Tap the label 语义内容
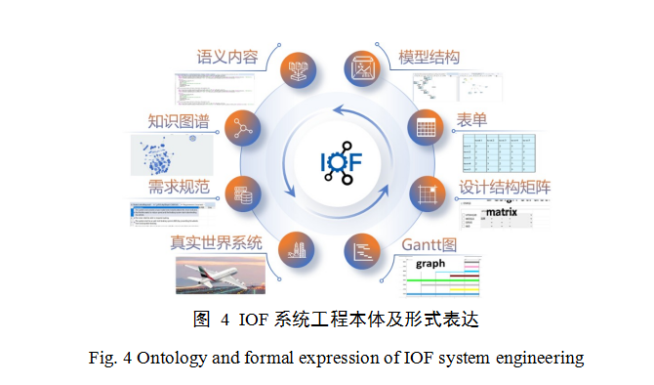point(227,57)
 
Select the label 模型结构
point(429,57)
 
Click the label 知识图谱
point(179,121)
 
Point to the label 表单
point(472,121)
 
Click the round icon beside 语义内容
point(297,69)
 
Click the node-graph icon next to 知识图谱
point(239,126)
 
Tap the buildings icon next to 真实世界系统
point(297,250)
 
